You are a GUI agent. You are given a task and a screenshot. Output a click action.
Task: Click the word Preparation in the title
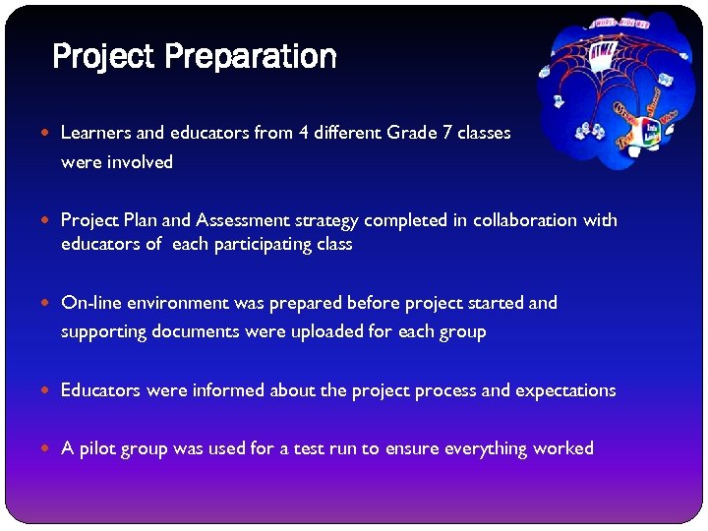point(251,57)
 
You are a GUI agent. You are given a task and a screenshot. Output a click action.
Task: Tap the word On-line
point(90,303)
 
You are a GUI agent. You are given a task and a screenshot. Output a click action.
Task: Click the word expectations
point(565,390)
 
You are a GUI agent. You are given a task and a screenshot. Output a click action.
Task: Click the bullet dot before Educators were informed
point(50,391)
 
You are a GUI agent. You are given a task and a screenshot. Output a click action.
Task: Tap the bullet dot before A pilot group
point(50,449)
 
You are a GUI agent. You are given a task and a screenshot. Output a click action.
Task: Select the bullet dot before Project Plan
point(50,221)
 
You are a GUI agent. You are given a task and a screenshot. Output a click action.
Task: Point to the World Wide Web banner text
point(619,21)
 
